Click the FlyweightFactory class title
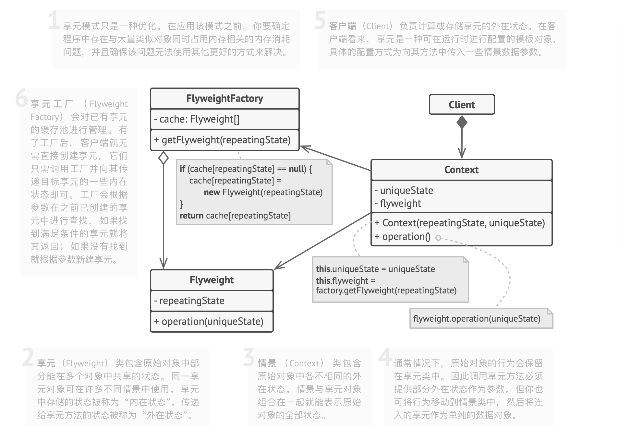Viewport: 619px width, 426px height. coord(225,99)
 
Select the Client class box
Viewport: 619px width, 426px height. coord(462,105)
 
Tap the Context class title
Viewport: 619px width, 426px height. coord(461,170)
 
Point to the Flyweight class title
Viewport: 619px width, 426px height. coord(212,280)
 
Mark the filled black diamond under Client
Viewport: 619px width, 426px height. coord(462,122)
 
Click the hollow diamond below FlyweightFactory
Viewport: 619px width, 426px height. coord(164,158)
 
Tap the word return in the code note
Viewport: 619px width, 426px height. coord(191,216)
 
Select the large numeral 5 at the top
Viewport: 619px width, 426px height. coord(320,20)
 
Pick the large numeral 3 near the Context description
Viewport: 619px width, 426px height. coord(249,357)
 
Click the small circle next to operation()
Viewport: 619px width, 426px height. coord(438,238)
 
